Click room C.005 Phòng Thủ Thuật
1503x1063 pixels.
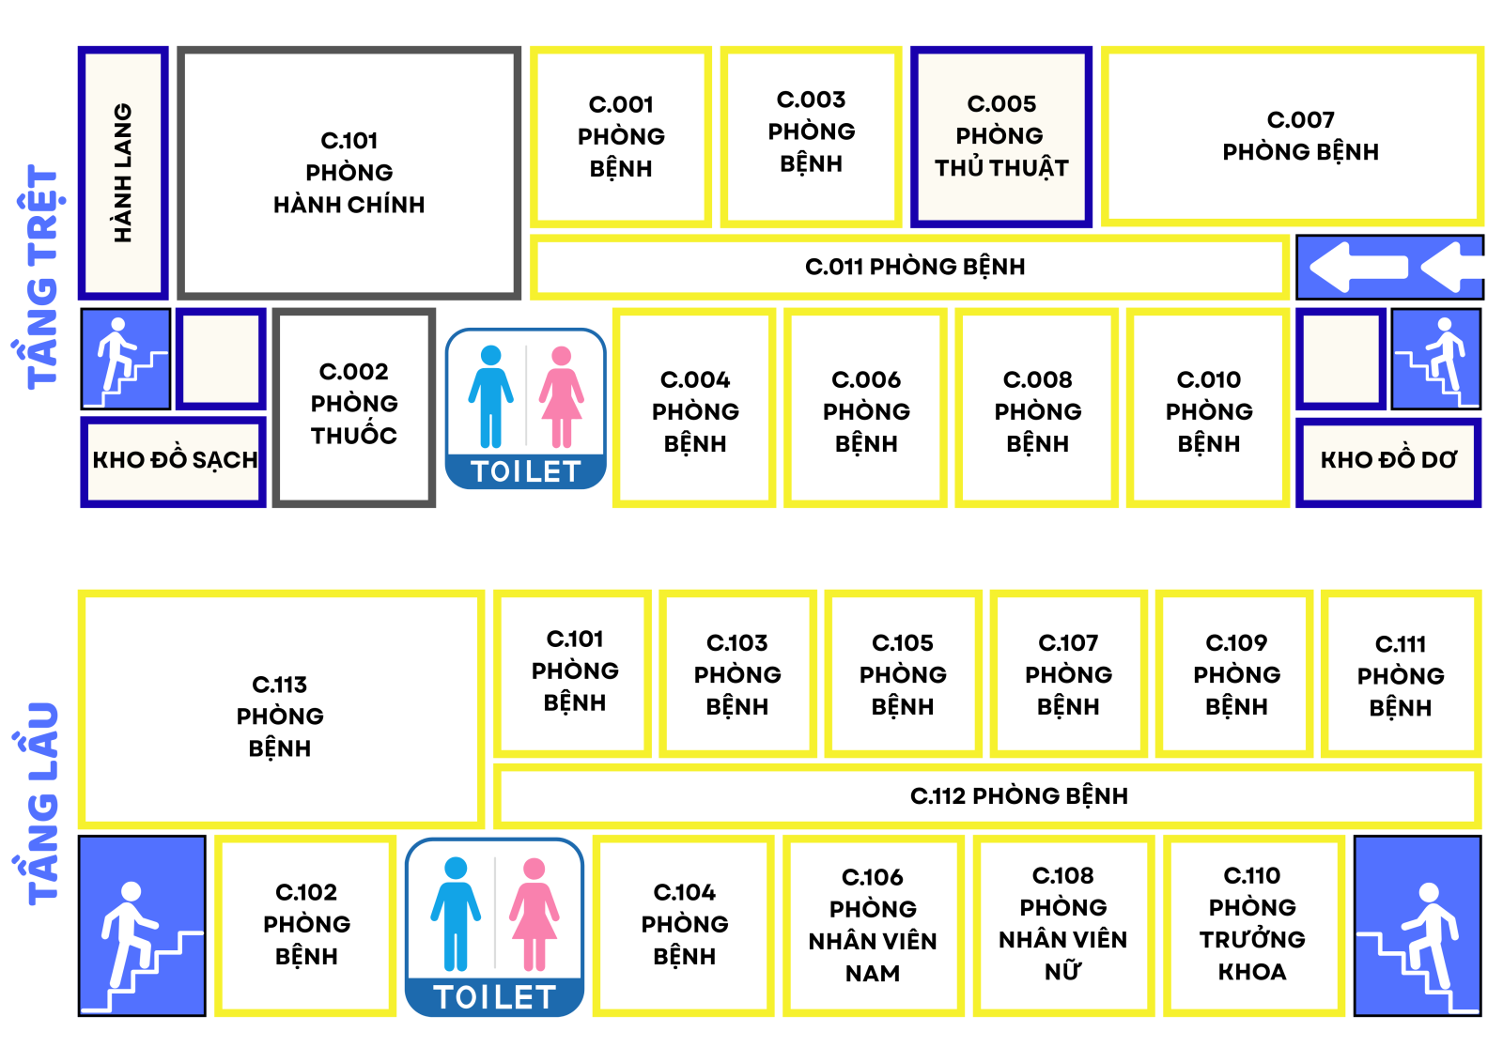(x=1000, y=137)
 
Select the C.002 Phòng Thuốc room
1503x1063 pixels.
(x=354, y=405)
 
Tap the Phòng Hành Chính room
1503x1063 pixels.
(x=349, y=173)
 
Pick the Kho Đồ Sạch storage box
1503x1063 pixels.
(x=174, y=460)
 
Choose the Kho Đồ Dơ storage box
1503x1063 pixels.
(x=1387, y=460)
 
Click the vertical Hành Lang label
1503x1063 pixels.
(x=123, y=173)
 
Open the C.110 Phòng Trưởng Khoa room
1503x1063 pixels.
(x=1252, y=924)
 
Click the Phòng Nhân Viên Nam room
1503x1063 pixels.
(x=873, y=924)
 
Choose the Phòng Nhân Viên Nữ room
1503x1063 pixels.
(x=1062, y=924)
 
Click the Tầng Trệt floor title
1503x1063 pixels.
(x=42, y=277)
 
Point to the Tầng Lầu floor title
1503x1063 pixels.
(x=42, y=803)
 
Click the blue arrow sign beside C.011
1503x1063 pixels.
(x=1389, y=267)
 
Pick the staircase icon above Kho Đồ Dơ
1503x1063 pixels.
(x=1435, y=358)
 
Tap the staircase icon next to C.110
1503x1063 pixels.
(x=1418, y=925)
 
